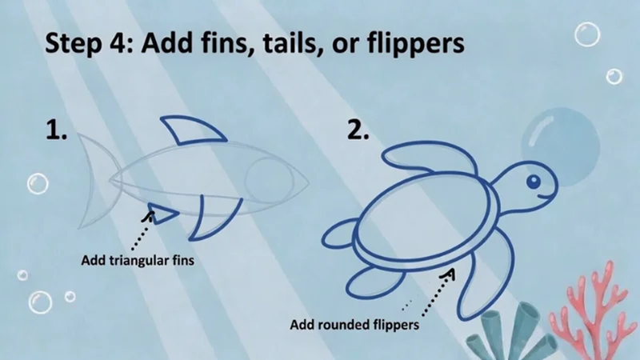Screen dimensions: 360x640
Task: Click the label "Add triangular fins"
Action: tap(138, 260)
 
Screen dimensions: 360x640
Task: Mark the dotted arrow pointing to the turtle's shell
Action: tap(429, 293)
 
